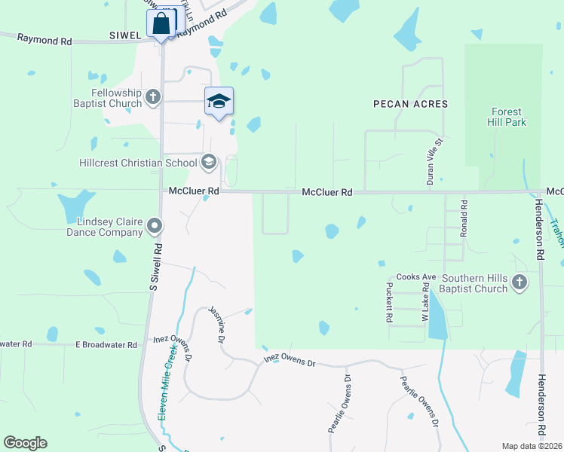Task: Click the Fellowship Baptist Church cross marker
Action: click(153, 96)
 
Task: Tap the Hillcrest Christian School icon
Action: click(209, 162)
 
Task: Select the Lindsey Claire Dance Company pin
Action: click(155, 225)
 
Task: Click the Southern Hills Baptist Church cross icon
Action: click(518, 282)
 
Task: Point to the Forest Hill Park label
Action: click(506, 116)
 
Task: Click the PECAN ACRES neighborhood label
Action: click(411, 104)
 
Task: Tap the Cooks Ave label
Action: click(417, 277)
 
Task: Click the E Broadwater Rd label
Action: click(106, 344)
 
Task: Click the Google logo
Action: click(25, 443)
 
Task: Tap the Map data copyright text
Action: click(532, 446)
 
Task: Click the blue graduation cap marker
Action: click(219, 102)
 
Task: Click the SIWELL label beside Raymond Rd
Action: click(125, 35)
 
